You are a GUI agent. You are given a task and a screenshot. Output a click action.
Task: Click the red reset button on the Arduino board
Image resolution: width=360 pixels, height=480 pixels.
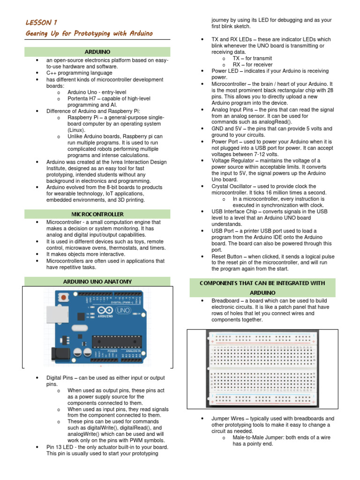click(62, 297)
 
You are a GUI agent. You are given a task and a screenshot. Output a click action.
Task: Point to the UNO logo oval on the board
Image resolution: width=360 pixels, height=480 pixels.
click(123, 311)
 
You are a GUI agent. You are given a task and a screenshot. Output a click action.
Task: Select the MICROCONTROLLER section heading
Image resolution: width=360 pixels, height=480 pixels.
click(97, 214)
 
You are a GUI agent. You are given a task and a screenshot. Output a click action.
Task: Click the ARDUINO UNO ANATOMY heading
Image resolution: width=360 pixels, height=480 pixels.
click(97, 282)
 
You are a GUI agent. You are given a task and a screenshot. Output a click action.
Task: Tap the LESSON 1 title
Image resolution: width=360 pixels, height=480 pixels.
click(41, 22)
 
